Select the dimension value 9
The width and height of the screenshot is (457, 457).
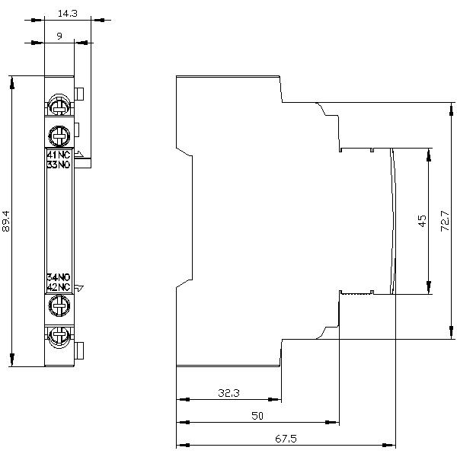pos(59,35)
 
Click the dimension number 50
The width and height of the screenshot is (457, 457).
pos(257,416)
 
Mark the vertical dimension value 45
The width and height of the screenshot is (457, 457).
pos(421,221)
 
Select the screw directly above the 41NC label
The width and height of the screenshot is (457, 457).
pos(59,136)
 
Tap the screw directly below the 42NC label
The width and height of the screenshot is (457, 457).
pos(59,305)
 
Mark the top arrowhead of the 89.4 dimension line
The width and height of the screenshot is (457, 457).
pos(12,81)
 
